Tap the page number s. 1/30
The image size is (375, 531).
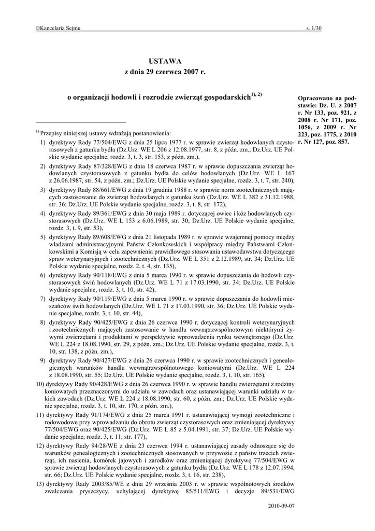tap(314, 29)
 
